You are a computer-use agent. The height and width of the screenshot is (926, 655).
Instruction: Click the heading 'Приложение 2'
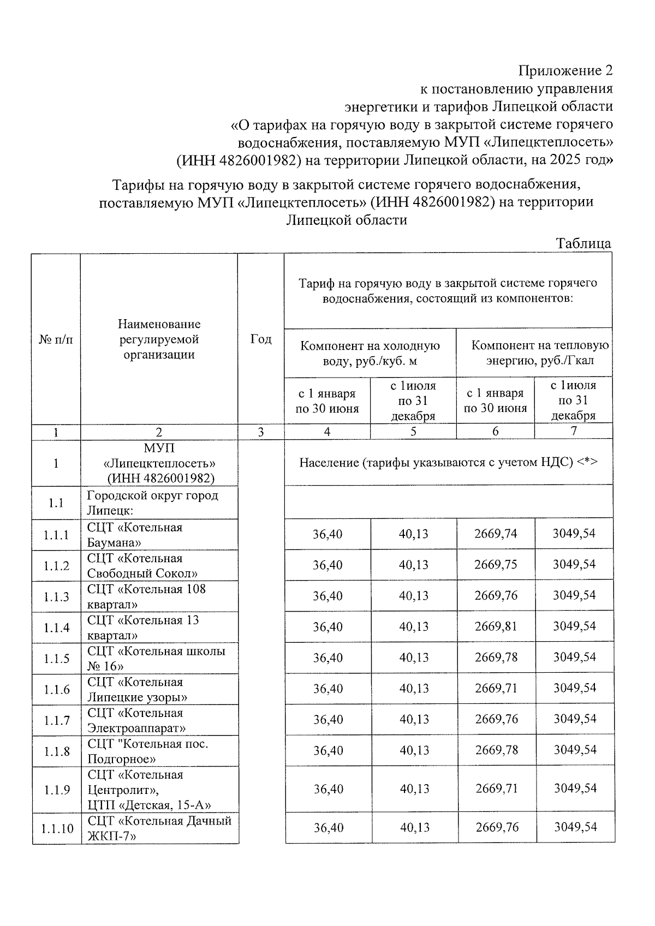(x=565, y=70)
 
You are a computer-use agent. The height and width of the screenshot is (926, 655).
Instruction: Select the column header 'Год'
(x=260, y=339)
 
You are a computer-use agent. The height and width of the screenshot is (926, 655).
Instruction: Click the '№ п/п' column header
(x=56, y=339)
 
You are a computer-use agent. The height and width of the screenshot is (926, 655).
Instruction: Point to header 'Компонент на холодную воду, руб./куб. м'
(x=370, y=353)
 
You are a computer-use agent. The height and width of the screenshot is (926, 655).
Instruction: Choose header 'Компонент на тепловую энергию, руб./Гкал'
(x=539, y=353)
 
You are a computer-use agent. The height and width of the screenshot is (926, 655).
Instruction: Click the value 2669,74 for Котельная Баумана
(x=496, y=534)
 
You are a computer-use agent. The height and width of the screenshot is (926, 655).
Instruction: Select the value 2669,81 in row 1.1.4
(x=496, y=626)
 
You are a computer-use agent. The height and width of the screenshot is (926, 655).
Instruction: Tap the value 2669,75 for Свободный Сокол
(x=496, y=565)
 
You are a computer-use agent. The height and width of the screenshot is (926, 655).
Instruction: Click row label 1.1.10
(x=57, y=828)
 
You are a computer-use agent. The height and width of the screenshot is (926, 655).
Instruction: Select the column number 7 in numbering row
(x=573, y=431)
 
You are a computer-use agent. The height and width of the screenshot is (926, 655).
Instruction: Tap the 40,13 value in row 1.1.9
(x=415, y=789)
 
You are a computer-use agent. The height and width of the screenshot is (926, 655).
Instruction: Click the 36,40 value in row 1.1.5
(x=327, y=658)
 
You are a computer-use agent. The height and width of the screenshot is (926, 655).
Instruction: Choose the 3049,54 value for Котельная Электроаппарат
(x=575, y=719)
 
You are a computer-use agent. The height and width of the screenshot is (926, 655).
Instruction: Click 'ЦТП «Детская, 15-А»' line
(x=150, y=805)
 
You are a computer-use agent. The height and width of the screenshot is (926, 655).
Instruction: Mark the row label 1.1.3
(x=57, y=596)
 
